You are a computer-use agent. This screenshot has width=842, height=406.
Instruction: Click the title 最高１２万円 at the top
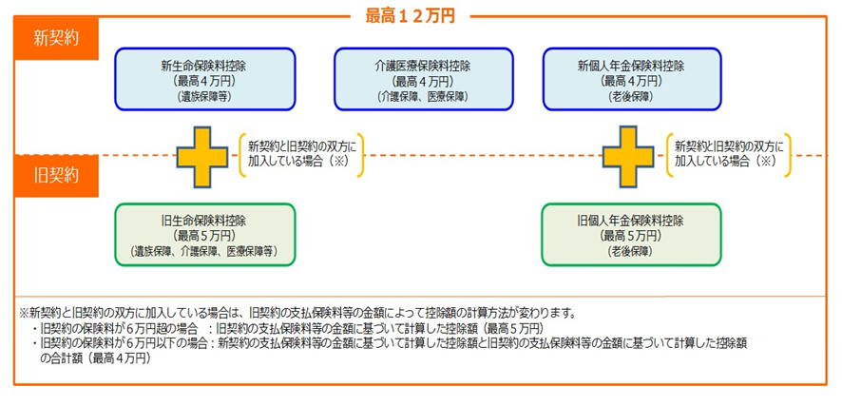pos(411,16)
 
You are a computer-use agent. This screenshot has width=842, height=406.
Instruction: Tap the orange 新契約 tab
pos(56,40)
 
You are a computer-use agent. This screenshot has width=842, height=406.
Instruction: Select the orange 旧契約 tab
pos(56,176)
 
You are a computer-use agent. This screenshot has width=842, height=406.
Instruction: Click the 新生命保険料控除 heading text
pos(204,67)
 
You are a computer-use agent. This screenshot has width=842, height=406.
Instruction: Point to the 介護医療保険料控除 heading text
pos(423,67)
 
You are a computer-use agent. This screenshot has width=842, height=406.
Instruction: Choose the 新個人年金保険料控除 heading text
pos(631,67)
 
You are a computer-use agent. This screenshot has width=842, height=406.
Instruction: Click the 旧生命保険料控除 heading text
pos(204,222)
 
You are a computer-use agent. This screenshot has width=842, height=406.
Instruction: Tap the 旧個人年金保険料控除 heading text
pos(631,222)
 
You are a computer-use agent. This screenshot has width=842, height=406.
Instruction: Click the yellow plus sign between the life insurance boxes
pos(202,156)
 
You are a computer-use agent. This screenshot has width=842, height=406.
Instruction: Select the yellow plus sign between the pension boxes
pos(627,156)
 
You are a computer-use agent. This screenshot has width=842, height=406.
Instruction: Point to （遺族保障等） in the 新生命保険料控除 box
pos(204,97)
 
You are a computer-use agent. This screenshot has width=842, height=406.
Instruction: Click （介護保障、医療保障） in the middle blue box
pos(423,97)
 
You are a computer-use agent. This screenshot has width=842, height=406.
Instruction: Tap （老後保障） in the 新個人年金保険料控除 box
pos(631,97)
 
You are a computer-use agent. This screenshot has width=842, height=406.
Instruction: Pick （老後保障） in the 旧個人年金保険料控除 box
pos(631,251)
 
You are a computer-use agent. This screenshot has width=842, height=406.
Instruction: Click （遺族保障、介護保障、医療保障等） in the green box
pos(204,251)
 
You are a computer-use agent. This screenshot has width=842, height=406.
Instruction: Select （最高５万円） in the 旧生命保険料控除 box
pos(204,236)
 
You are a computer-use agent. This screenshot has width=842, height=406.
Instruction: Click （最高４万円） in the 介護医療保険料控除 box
pos(423,82)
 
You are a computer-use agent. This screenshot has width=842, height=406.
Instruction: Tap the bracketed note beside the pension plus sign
pos(728,155)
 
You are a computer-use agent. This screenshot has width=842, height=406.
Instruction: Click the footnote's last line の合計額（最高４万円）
pos(96,358)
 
